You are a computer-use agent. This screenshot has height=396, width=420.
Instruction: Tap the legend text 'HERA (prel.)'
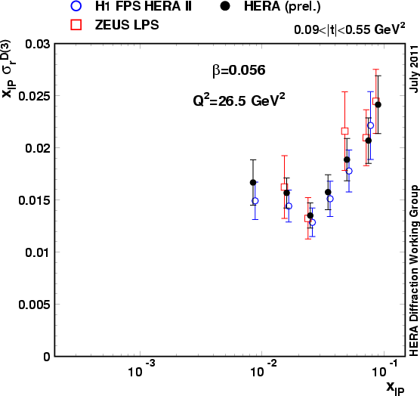coord(279,8)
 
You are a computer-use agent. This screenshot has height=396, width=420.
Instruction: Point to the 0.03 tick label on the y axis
coord(36,45)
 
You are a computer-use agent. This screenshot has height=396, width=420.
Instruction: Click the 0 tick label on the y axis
coord(47,356)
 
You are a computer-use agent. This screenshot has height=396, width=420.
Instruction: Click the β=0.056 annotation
coord(238,70)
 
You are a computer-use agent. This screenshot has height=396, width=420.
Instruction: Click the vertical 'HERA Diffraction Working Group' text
coord(413,269)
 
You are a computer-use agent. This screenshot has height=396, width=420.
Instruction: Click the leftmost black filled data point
coord(254,183)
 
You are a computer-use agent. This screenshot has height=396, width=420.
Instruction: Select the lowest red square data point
coord(308,218)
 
